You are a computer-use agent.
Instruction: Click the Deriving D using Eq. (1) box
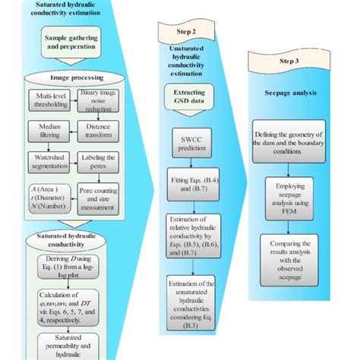point(72,267)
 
